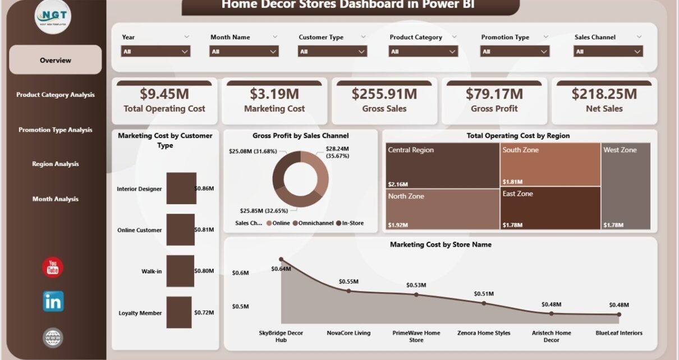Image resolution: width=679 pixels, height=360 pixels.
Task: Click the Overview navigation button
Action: pyautogui.click(x=55, y=60)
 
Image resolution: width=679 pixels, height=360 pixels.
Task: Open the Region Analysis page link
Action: pyautogui.click(x=55, y=164)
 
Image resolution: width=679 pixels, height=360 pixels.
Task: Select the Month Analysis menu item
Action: pyautogui.click(x=55, y=199)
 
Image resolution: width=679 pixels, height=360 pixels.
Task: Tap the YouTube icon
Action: pyautogui.click(x=53, y=267)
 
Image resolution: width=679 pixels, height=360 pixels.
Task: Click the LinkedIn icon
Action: pyautogui.click(x=53, y=302)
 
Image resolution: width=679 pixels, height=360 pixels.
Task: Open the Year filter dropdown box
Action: pyautogui.click(x=155, y=51)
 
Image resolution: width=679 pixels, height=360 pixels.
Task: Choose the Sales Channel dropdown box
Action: pyautogui.click(x=608, y=51)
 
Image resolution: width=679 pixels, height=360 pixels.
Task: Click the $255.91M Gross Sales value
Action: pyautogui.click(x=384, y=94)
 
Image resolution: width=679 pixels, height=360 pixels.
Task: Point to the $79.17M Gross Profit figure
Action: pyautogui.click(x=494, y=94)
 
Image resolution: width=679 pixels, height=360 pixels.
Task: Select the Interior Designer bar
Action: pyautogui.click(x=181, y=188)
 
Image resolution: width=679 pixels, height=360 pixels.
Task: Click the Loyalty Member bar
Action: pyautogui.click(x=179, y=312)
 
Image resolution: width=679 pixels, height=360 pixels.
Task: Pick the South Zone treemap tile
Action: pyautogui.click(x=549, y=165)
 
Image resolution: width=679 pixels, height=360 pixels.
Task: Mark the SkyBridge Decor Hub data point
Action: pyautogui.click(x=281, y=260)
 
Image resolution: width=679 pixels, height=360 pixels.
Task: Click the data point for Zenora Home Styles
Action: pyautogui.click(x=484, y=303)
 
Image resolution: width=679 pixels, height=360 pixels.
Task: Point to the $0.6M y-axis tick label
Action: pyautogui.click(x=241, y=273)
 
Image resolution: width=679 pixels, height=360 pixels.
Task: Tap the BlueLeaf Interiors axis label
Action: pyautogui.click(x=619, y=333)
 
